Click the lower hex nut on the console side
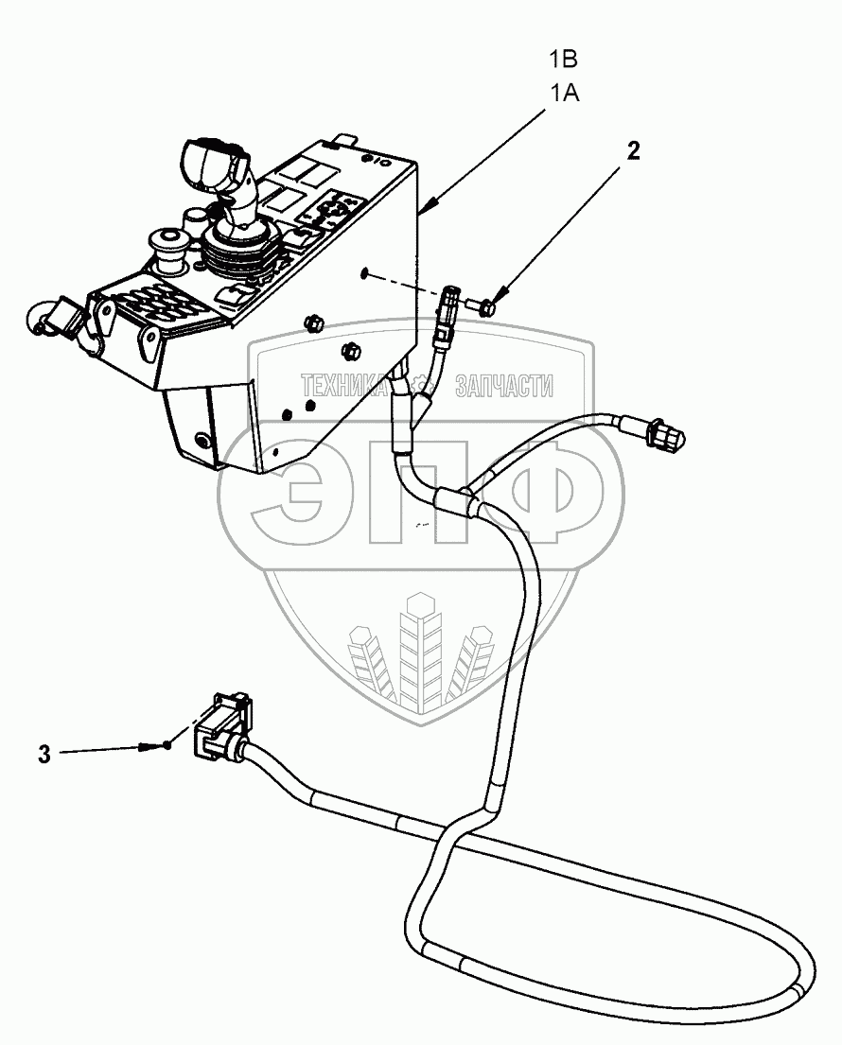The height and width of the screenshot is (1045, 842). [351, 352]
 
